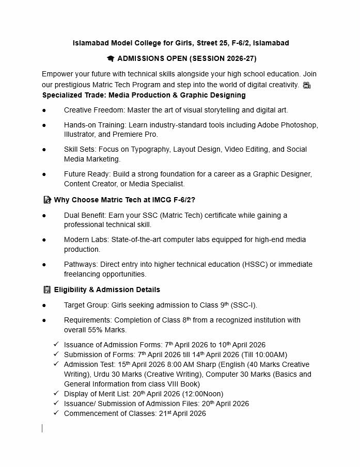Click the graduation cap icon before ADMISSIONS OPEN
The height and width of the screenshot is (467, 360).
pyautogui.click(x=111, y=59)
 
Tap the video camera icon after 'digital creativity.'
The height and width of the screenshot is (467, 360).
pyautogui.click(x=307, y=85)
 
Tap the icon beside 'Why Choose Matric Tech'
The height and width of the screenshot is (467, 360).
pyautogui.click(x=47, y=200)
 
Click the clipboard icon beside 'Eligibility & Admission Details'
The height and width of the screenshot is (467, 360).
pyautogui.click(x=47, y=290)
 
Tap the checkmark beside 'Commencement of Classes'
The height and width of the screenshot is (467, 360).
pyautogui.click(x=56, y=413)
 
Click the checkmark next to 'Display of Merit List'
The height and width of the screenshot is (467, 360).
pyautogui.click(x=56, y=394)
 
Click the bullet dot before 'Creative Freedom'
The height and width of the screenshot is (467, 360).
pyautogui.click(x=44, y=110)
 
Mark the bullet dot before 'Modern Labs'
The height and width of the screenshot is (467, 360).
pyautogui.click(x=44, y=240)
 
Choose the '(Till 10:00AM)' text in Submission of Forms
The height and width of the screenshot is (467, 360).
pyautogui.click(x=264, y=355)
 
